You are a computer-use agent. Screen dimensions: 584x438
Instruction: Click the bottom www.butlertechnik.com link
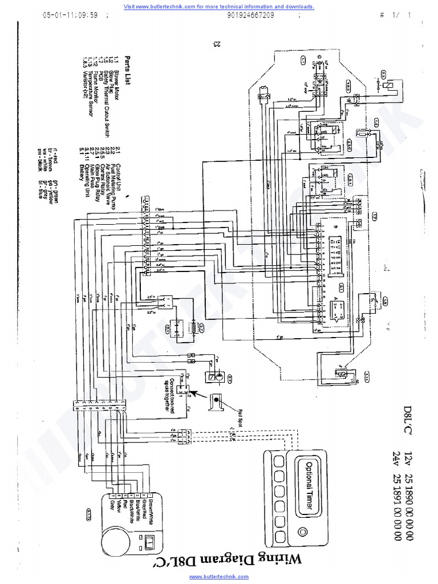(219, 577)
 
